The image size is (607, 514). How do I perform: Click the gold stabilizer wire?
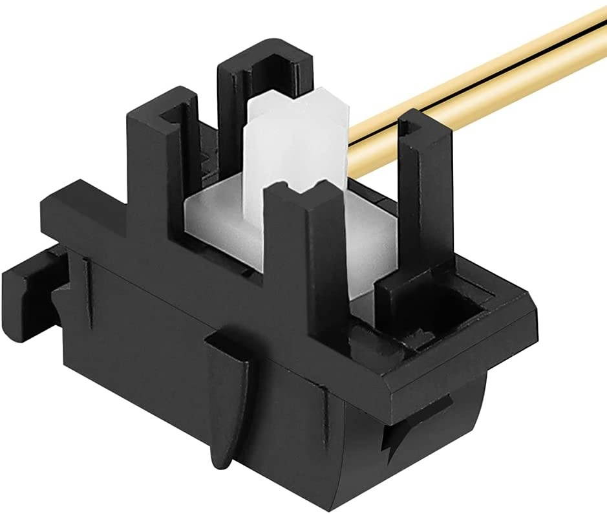(x=491, y=78)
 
